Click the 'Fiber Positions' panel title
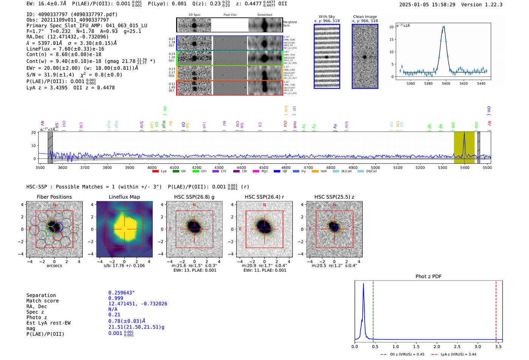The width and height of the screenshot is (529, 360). click(54, 197)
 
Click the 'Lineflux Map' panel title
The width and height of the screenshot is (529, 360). click(124, 197)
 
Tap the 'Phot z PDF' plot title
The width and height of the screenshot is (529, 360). click(428, 277)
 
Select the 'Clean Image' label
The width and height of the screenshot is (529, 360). click(365, 17)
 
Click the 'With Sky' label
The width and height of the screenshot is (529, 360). click(326, 17)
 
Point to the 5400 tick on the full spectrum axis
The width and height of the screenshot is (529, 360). click(465, 167)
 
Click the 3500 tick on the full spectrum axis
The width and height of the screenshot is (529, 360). click(40, 167)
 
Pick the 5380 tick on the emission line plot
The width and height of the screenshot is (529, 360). click(428, 83)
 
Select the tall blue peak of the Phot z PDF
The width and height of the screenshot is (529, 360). click(363, 284)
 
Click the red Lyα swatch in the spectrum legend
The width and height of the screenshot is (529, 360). click(155, 172)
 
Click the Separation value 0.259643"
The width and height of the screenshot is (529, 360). click(122, 293)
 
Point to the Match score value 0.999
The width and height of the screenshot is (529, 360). click(116, 298)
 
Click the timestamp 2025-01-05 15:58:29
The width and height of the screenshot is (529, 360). click(427, 5)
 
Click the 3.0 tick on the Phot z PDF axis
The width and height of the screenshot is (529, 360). click(478, 346)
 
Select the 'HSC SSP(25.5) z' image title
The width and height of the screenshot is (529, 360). click(334, 197)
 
